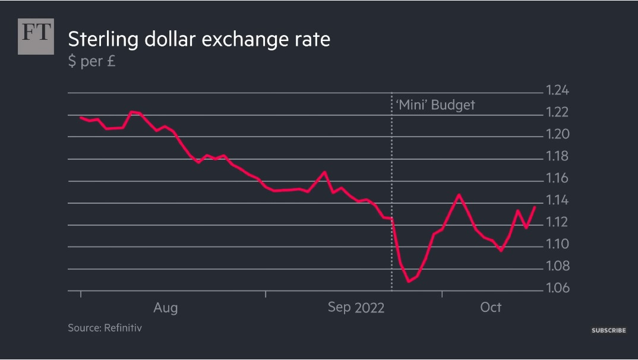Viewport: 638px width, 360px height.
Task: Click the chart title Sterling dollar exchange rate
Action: (x=198, y=40)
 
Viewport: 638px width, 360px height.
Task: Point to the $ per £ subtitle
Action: (x=91, y=61)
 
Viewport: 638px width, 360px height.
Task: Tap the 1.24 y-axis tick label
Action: (x=557, y=91)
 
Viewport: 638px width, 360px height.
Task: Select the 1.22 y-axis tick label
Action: (x=557, y=113)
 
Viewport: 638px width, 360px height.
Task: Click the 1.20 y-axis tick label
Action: (x=557, y=135)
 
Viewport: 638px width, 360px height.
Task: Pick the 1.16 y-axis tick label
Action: (x=557, y=179)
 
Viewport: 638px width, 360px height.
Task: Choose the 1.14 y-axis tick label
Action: (x=557, y=201)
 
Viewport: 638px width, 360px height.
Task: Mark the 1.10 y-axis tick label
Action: (x=557, y=244)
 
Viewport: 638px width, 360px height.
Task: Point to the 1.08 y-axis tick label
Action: (x=557, y=266)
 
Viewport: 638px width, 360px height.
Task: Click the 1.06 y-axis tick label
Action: (x=557, y=289)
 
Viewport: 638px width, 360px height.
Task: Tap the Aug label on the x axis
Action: (x=165, y=308)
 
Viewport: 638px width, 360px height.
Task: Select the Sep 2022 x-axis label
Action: (x=356, y=308)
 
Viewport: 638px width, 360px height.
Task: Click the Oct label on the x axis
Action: (x=491, y=307)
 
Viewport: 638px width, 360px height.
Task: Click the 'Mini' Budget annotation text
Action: (x=435, y=105)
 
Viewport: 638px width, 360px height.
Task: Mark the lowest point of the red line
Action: (x=409, y=282)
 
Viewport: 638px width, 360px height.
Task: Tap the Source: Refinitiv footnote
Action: (x=105, y=327)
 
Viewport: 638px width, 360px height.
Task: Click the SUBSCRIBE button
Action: (x=608, y=330)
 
